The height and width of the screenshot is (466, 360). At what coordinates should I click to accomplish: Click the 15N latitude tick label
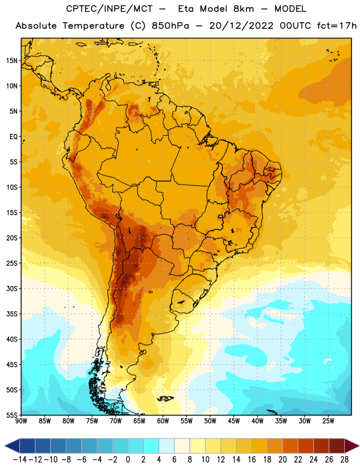[x=12, y=61]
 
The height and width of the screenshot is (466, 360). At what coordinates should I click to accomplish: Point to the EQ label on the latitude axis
[x=13, y=137]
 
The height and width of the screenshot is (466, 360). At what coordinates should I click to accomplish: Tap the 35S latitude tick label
[x=12, y=314]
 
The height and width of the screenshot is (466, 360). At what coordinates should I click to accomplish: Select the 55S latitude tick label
[x=12, y=415]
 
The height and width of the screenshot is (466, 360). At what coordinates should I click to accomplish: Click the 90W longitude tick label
[x=21, y=421]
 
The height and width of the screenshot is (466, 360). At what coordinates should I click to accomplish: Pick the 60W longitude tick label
[x=163, y=421]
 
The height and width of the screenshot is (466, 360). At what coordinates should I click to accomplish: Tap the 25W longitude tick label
[x=328, y=421]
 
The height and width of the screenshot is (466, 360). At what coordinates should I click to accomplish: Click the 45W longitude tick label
[x=234, y=421]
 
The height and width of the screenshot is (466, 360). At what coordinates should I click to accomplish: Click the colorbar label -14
[x=20, y=460]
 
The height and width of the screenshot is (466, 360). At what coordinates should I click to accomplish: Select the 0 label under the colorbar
[x=128, y=460]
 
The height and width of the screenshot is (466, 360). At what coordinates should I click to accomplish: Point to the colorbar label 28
[x=344, y=460]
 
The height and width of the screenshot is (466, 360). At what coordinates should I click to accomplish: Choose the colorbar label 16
[x=252, y=460]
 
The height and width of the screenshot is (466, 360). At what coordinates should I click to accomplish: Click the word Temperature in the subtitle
[x=93, y=26]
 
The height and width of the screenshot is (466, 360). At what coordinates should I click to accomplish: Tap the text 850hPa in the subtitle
[x=170, y=26]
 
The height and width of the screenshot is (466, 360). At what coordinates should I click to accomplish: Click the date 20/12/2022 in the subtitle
[x=241, y=26]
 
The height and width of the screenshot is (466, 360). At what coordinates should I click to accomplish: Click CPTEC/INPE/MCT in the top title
[x=109, y=9]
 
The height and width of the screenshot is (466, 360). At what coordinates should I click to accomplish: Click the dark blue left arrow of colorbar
[x=12, y=446]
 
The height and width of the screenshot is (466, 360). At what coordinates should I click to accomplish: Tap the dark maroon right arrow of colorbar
[x=352, y=446]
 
